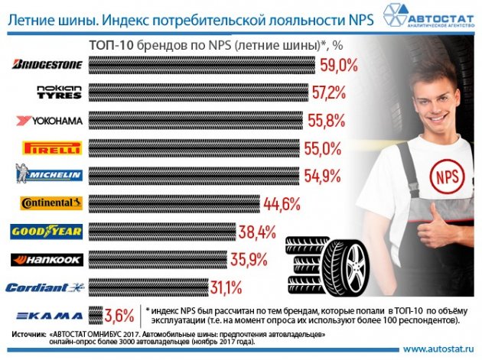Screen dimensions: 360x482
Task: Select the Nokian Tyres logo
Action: tap(58, 93)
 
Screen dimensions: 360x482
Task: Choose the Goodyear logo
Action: tap(47, 231)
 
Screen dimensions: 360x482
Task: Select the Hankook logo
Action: tap(46, 258)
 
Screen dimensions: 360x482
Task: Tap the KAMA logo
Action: tap(47, 314)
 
